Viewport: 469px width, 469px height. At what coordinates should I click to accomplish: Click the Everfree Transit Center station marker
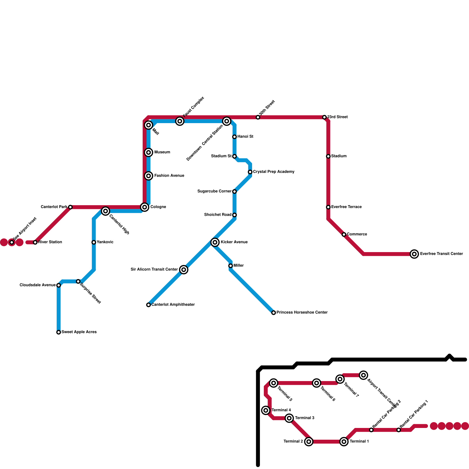[414, 254]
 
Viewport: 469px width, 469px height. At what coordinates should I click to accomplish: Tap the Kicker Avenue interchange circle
[215, 242]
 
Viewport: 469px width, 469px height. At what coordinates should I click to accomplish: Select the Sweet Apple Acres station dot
[59, 332]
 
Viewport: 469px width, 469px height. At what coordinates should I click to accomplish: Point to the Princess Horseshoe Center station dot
[273, 313]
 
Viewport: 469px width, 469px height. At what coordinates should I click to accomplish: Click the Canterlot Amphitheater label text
[173, 305]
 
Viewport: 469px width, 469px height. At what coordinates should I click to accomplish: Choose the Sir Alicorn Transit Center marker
[184, 270]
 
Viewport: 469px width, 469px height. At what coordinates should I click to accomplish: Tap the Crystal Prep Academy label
[273, 172]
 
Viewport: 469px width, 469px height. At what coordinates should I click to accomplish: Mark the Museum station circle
[149, 152]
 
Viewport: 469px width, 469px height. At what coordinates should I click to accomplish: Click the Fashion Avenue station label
[169, 176]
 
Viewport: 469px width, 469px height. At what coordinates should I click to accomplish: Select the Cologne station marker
[145, 207]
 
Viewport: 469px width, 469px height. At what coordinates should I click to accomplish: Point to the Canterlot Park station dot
[70, 207]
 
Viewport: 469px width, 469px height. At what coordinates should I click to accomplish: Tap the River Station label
[50, 242]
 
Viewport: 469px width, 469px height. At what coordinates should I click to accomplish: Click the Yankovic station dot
[94, 242]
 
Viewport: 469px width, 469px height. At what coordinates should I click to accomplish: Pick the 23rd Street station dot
[324, 117]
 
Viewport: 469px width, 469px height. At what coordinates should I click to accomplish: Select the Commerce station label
[357, 235]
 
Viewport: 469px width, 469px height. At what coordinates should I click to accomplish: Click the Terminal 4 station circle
[266, 410]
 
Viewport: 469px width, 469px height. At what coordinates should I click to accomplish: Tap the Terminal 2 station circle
[309, 441]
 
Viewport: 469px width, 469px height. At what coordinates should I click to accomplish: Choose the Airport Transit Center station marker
[363, 375]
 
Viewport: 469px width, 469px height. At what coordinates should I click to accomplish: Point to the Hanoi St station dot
[235, 137]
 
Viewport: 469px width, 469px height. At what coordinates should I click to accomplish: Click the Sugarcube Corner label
[214, 191]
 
